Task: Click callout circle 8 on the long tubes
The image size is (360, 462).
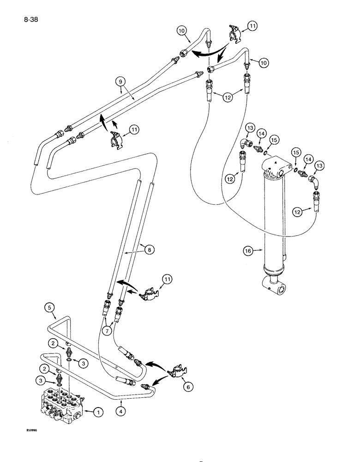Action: click(149, 250)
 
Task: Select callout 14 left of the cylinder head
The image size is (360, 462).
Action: click(262, 134)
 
